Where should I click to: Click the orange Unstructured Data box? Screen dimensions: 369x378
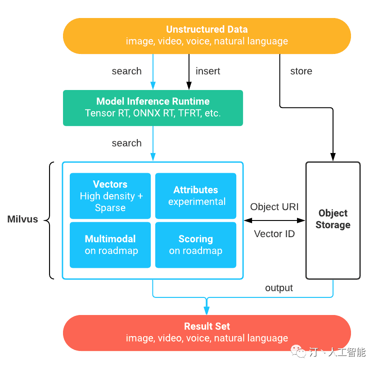click(207, 36)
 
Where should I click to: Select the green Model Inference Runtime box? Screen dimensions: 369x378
click(153, 108)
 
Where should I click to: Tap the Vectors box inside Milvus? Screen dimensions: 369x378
click(110, 196)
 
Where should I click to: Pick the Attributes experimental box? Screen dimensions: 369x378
click(196, 196)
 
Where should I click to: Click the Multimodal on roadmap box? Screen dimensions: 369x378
click(110, 245)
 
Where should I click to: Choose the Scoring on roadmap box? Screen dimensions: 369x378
click(196, 245)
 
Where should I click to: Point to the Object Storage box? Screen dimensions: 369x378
click(333, 220)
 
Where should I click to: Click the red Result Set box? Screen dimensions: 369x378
click(207, 333)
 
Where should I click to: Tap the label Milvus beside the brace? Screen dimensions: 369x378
click(23, 220)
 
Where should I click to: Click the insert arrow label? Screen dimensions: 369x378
click(208, 71)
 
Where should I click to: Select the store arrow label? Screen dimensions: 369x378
click(301, 71)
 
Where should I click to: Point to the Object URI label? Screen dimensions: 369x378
click(274, 207)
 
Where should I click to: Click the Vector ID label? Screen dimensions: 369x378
click(274, 234)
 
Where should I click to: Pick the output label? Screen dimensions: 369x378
click(279, 288)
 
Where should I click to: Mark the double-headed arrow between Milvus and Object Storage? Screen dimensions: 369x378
click(274, 220)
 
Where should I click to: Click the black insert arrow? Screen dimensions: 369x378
click(189, 72)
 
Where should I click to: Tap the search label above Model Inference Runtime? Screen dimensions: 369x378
click(126, 71)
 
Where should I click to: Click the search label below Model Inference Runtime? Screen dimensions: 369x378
click(126, 143)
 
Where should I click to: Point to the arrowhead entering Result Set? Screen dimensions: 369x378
click(207, 311)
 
